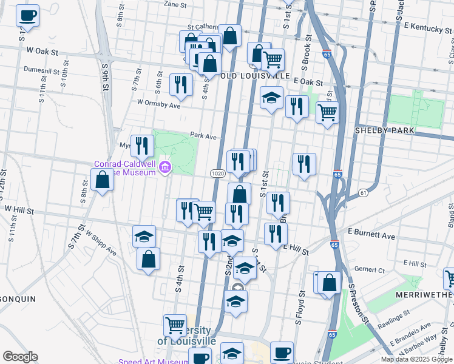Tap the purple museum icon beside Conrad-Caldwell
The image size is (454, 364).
coord(164,167)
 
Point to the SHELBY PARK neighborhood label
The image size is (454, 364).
coord(385,130)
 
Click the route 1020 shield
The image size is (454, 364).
coord(219,174)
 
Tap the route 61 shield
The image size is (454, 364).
coord(364,192)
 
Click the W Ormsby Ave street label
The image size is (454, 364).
coord(158,104)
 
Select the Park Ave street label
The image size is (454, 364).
coord(203,136)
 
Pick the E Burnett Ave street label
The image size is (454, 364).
coord(371,235)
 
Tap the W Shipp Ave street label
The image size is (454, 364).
coord(101,242)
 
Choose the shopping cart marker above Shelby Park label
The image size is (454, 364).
coord(327,113)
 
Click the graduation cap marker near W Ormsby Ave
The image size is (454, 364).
coord(271,98)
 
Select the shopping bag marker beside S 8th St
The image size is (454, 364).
coord(102,180)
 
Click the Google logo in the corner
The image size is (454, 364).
coord(20,357)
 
